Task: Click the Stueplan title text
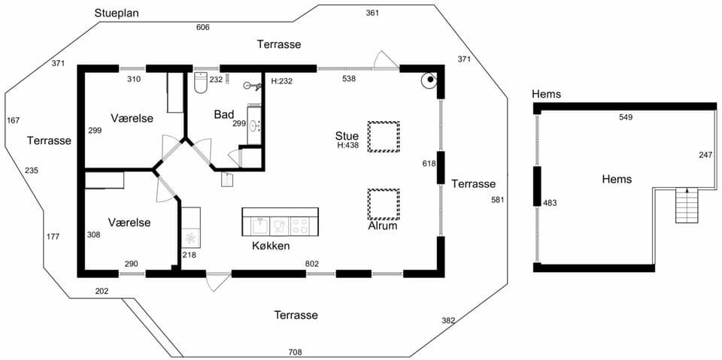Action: [117, 13]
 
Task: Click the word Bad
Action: [224, 114]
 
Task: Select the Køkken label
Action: [271, 246]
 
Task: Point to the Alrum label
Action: [383, 226]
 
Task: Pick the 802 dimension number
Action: [312, 264]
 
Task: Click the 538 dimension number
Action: [349, 79]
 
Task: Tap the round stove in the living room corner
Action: [429, 80]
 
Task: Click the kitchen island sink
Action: [259, 226]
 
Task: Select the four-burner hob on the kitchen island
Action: [300, 226]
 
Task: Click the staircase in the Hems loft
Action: [687, 206]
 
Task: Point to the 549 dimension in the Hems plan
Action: [626, 117]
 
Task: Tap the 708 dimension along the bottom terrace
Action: [295, 352]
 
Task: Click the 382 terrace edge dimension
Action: [448, 320]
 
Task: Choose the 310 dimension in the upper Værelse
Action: [134, 79]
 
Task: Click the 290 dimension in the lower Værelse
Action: [131, 264]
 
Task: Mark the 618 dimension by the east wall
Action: [429, 163]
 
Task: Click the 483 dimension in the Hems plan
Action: [551, 202]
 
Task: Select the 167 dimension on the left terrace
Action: [14, 120]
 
